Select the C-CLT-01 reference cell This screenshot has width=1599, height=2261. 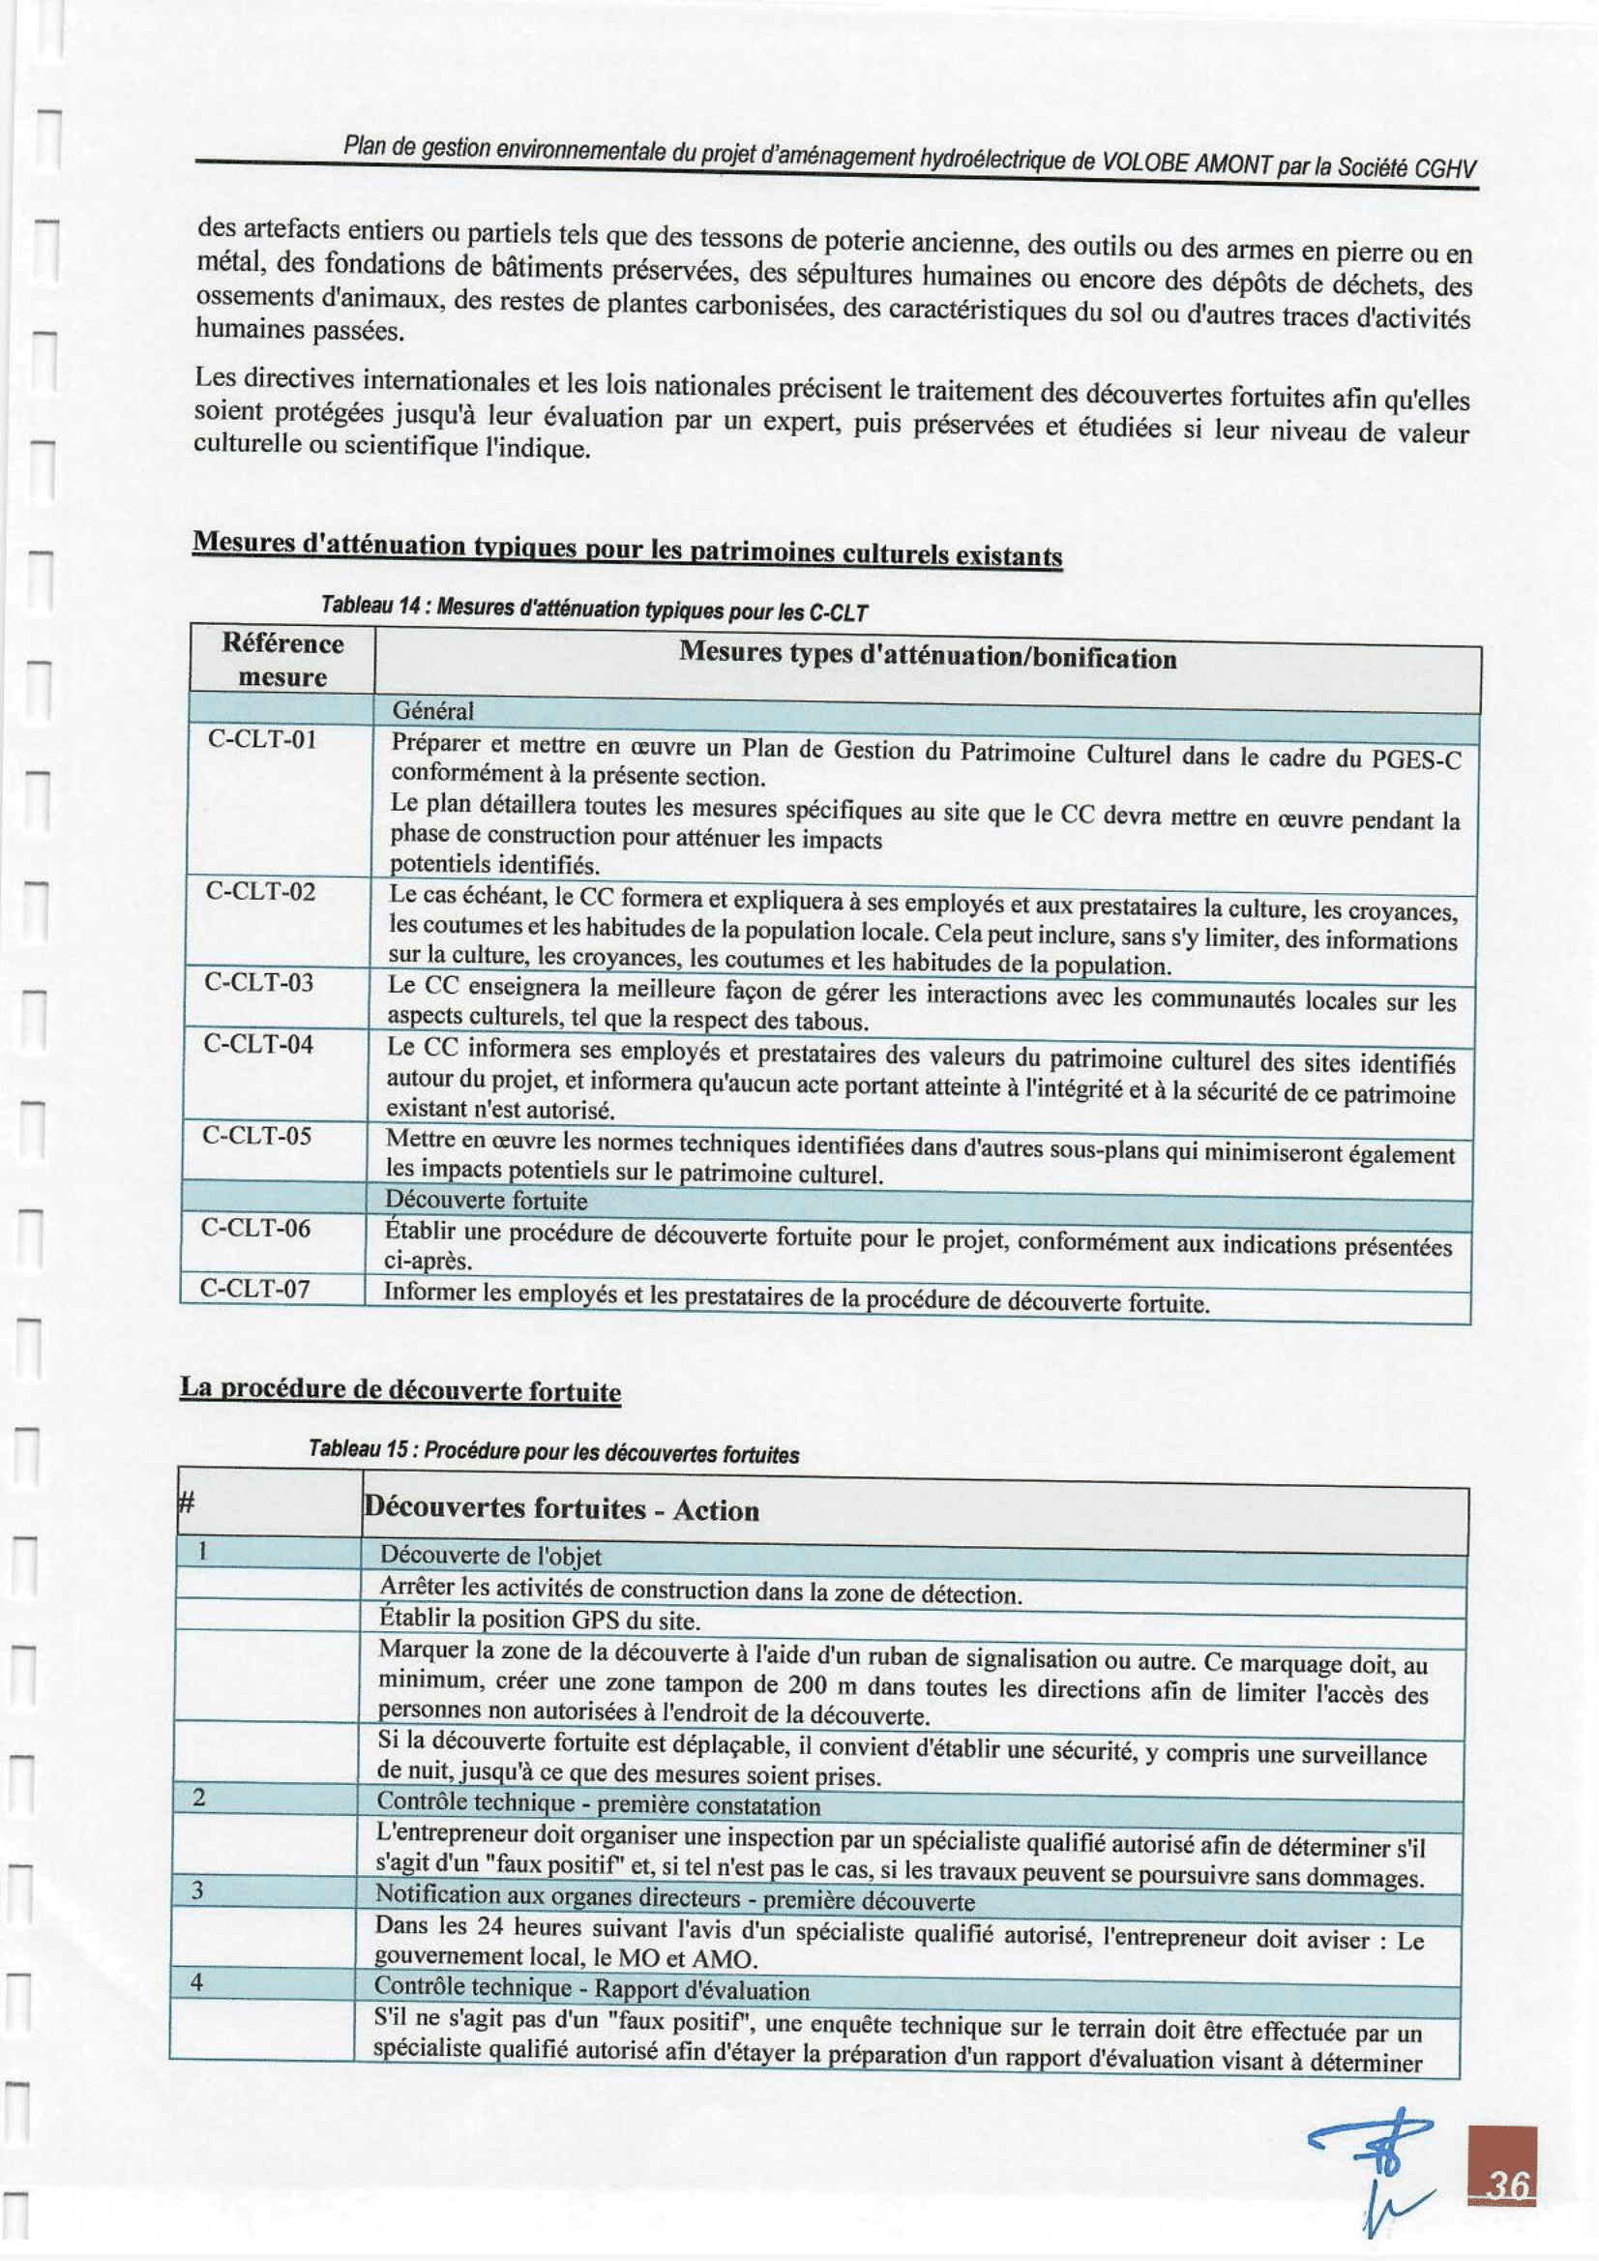263,739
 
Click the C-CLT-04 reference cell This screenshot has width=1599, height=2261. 259,1044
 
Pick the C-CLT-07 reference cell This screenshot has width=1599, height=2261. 255,1288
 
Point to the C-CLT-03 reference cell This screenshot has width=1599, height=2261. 259,982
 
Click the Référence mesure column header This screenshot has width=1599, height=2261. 282,660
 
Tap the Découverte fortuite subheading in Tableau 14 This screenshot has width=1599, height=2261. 486,1201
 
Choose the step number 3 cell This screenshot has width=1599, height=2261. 197,1890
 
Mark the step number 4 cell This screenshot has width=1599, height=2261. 196,1981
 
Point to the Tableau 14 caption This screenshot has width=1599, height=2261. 594,610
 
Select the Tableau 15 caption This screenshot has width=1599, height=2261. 553,1451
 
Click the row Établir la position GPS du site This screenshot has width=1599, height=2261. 540,1620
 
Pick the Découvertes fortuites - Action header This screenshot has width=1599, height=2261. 561,1508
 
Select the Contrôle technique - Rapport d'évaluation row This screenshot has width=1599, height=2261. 592,1987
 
